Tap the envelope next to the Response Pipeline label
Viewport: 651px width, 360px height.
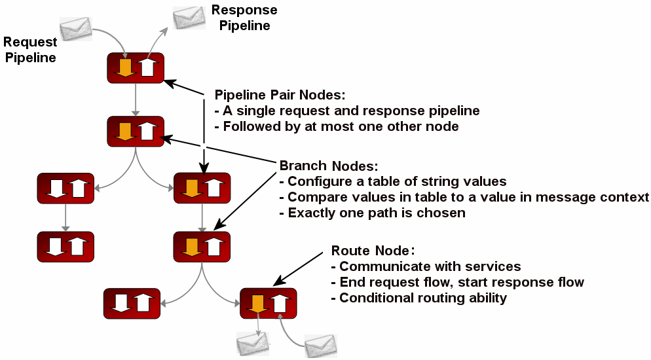(x=189, y=17)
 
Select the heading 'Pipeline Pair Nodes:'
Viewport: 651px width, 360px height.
(x=276, y=94)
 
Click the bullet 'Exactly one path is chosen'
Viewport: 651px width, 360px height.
(x=372, y=213)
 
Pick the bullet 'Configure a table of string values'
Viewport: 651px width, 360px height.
(x=393, y=181)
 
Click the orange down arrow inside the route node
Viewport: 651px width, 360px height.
(x=257, y=303)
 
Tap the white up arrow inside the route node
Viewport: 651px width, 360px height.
(x=280, y=303)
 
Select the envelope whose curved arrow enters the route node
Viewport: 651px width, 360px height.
(x=321, y=345)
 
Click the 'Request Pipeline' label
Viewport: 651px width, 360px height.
(x=30, y=50)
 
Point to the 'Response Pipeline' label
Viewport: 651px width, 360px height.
(x=244, y=18)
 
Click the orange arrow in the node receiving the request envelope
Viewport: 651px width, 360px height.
(x=124, y=67)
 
